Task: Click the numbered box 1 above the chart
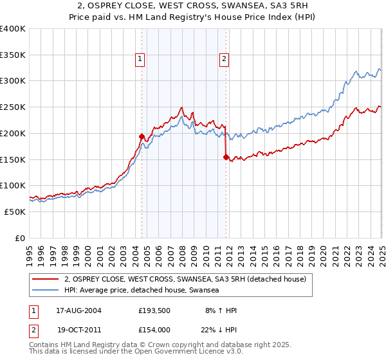point(140,60)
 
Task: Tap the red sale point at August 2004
point(142,136)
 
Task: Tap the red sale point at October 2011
point(226,157)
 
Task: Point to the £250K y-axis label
point(13,107)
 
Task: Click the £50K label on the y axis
point(15,212)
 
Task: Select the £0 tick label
point(21,238)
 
